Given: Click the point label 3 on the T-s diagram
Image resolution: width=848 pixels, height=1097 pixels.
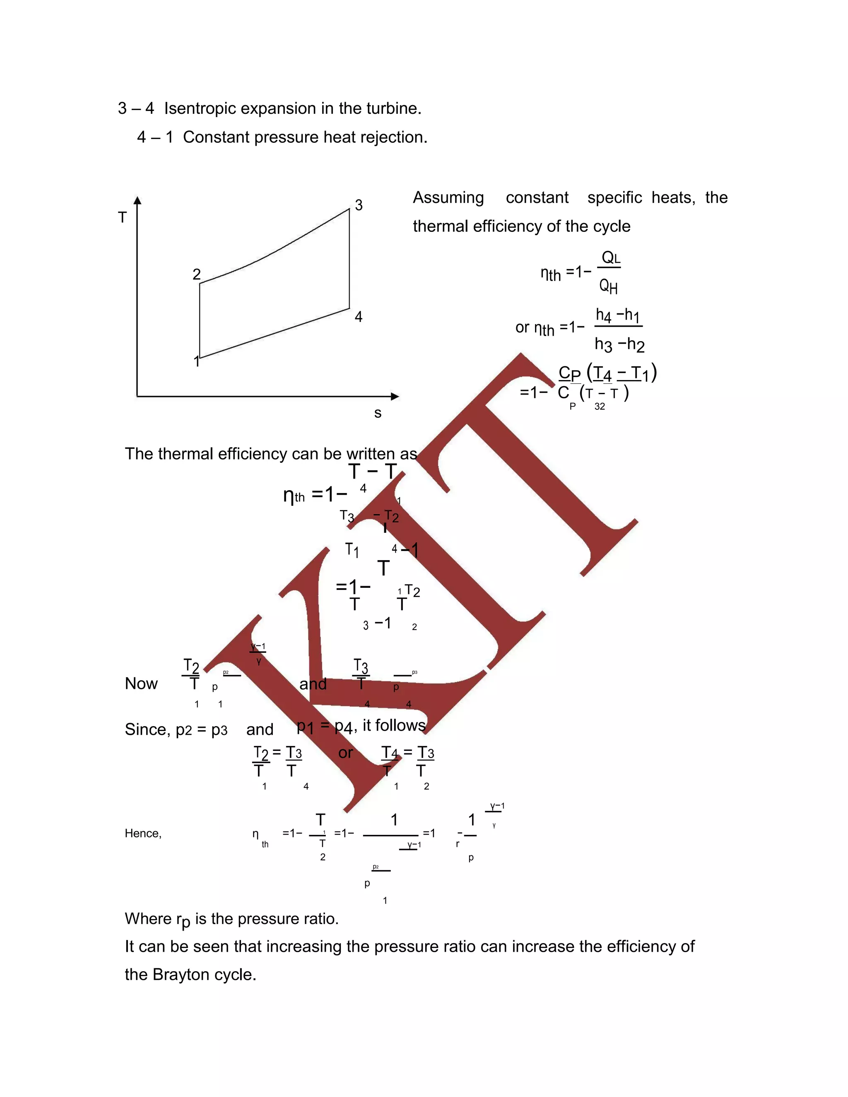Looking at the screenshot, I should (359, 205).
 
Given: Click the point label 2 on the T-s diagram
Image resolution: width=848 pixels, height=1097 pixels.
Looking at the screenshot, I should (196, 274).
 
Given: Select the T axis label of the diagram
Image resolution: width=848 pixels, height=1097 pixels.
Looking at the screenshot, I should (122, 217).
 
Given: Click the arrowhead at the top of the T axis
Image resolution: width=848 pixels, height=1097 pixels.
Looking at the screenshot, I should (137, 200).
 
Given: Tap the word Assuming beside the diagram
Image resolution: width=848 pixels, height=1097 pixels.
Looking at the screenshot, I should (448, 197).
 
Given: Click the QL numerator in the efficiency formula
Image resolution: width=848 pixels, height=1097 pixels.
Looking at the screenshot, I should (610, 257).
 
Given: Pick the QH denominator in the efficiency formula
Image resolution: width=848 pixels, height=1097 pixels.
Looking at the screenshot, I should (608, 286).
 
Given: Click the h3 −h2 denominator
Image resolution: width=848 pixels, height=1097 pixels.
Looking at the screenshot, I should (619, 344).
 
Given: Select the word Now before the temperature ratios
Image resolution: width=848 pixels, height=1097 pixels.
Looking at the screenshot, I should (141, 683).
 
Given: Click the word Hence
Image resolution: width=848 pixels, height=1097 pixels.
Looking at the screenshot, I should (143, 833).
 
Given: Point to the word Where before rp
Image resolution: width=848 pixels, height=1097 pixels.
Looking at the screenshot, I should (148, 919).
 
